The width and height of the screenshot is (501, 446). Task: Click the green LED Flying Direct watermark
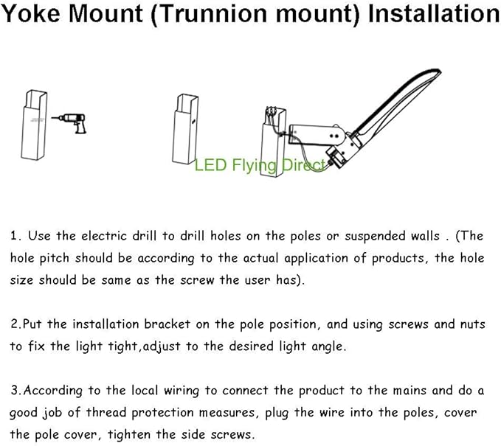[x=259, y=165]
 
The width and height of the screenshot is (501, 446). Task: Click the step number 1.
[x=14, y=237]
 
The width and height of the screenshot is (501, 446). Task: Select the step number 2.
[x=14, y=324]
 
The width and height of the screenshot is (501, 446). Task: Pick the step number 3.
[x=14, y=390]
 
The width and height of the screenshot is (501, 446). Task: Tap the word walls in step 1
[x=429, y=237]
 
